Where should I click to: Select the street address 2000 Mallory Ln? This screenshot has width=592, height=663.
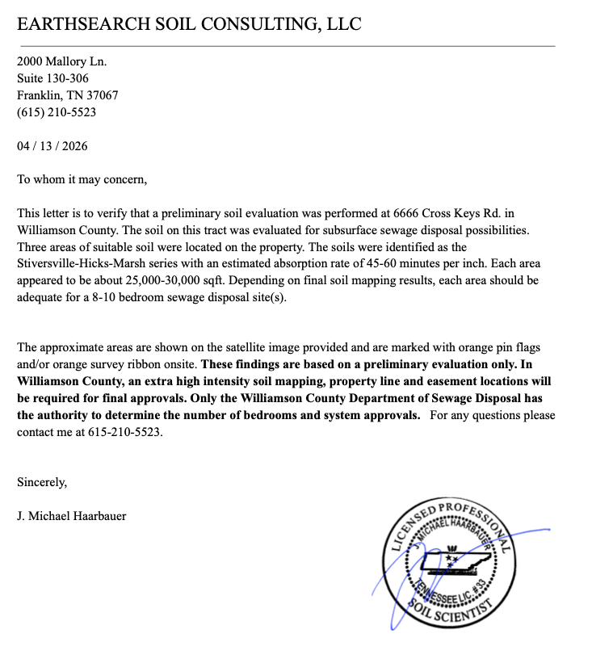click(x=61, y=61)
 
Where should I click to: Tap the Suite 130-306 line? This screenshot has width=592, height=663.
click(x=52, y=78)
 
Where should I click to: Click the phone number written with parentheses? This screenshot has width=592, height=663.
click(x=57, y=112)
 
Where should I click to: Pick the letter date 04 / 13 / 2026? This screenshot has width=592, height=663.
click(x=52, y=146)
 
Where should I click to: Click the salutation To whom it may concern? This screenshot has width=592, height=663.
click(x=82, y=179)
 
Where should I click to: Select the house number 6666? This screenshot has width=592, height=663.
click(x=408, y=213)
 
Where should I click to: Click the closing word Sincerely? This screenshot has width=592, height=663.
click(x=42, y=482)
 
